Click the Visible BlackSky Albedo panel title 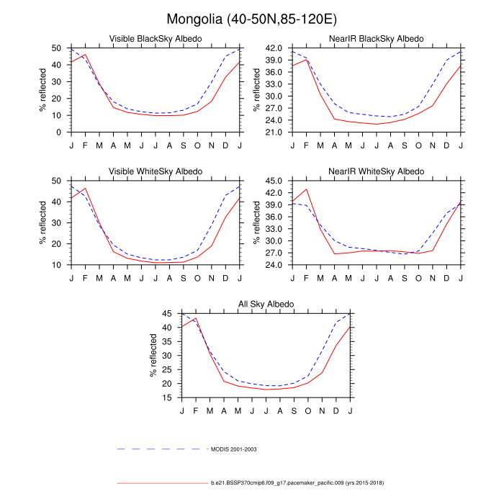155,38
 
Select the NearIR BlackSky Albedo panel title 377,38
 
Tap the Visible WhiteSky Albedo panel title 155,171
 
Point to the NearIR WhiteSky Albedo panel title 377,171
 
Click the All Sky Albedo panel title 266,305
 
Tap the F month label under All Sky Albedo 196,410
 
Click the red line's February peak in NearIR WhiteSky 307,189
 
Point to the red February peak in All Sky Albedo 196,318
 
